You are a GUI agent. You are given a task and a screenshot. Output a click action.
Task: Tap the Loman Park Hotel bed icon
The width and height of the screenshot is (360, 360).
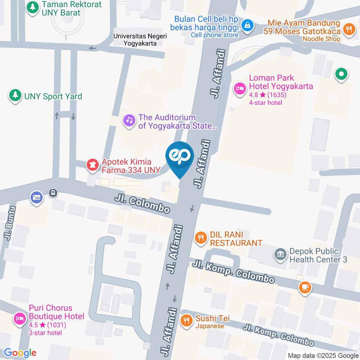click(x=239, y=89)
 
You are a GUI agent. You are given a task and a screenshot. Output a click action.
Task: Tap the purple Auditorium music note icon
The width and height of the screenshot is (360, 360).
click(x=129, y=121)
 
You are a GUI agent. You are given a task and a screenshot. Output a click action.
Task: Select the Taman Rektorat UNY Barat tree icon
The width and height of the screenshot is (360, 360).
click(x=33, y=7)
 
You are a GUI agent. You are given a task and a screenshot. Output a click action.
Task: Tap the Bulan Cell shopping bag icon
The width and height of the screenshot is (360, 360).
click(x=247, y=25)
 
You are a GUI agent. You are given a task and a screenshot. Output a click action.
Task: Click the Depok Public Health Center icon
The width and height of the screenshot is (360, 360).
click(x=280, y=255)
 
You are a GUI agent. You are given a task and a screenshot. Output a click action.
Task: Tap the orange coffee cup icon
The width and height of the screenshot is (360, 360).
click(x=304, y=287)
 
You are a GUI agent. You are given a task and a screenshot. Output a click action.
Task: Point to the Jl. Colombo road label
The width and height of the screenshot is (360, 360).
click(x=142, y=204)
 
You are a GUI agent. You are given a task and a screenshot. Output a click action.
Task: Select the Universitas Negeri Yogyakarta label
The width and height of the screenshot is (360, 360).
click(x=140, y=39)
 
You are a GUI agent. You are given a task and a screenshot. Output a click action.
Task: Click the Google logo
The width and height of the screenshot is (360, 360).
click(x=20, y=352)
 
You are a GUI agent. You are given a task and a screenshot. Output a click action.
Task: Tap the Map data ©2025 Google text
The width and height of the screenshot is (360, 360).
click(x=323, y=355)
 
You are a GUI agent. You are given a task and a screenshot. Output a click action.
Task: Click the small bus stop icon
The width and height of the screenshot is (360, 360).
click(x=53, y=193)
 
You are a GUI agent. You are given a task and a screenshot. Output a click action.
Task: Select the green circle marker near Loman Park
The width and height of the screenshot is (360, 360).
click(x=341, y=74)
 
